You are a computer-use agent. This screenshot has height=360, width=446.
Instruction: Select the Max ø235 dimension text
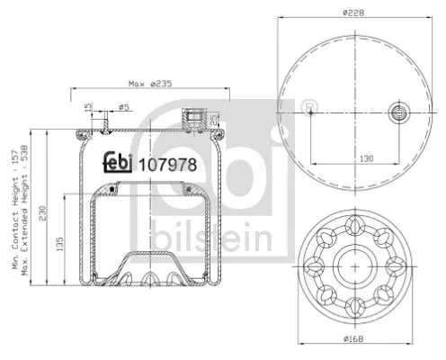pos(149,84)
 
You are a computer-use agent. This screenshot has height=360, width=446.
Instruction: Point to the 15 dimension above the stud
pos(88,108)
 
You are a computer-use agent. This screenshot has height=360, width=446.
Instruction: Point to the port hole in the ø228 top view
pos(398,112)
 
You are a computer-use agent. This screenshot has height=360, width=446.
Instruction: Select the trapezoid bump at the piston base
pos(147,265)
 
